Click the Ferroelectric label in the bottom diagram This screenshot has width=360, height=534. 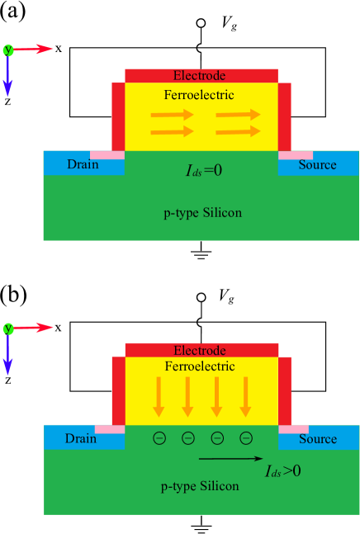point(199,366)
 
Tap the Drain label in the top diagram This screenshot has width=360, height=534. point(83,164)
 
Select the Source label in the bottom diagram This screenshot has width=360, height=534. point(318,439)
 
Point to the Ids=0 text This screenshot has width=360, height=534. point(204,171)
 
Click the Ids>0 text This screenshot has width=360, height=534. point(283,471)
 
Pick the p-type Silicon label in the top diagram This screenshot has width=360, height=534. point(202,213)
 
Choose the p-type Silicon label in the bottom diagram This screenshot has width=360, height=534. point(200,486)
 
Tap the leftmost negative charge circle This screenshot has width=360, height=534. point(159,438)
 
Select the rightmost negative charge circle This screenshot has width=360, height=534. point(245,438)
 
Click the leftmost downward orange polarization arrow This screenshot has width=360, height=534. point(159,396)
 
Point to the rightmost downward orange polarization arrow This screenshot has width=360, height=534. point(245,396)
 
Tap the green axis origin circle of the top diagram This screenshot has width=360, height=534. point(8,50)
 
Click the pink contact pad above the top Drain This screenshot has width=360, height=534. point(107,155)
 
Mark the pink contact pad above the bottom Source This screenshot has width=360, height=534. point(293,429)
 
